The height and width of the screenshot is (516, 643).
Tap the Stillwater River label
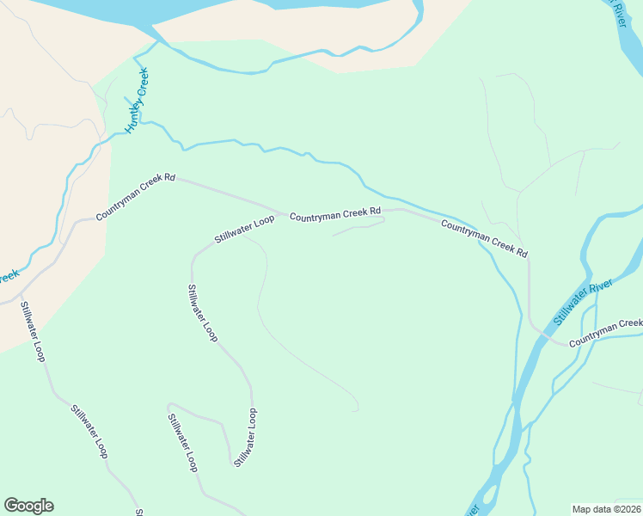pos(583,302)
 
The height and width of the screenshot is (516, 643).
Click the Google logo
pos(28,506)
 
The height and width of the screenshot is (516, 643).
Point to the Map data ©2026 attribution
pos(607,509)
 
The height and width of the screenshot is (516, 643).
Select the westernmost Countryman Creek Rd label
pos(136,199)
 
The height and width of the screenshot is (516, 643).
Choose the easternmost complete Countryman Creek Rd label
pos(484,239)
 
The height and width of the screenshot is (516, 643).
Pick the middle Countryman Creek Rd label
pos(334,215)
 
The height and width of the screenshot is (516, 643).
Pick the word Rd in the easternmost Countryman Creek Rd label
pos(520,254)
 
